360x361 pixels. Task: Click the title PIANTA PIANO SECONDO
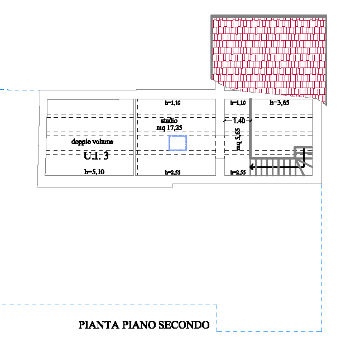pyautogui.click(x=144, y=325)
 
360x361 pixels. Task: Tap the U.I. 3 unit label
pyautogui.click(x=96, y=156)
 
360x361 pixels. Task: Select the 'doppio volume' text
pyautogui.click(x=92, y=142)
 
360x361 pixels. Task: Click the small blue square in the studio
pyautogui.click(x=178, y=143)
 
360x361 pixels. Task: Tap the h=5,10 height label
pyautogui.click(x=94, y=172)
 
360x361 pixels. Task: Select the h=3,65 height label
pyautogui.click(x=279, y=103)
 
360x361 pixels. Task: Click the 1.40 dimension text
pyautogui.click(x=239, y=121)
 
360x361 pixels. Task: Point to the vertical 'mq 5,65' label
pyautogui.click(x=238, y=139)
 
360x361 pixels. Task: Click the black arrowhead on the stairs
pyautogui.click(x=253, y=166)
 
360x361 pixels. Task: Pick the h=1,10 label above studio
pyautogui.click(x=173, y=103)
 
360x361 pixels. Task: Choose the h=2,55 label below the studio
pyautogui.click(x=173, y=173)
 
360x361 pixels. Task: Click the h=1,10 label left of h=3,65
pyautogui.click(x=238, y=103)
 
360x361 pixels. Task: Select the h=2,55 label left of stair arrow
pyautogui.click(x=238, y=173)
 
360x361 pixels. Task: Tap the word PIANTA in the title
pyautogui.click(x=97, y=325)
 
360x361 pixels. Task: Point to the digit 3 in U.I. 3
pyautogui.click(x=105, y=156)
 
